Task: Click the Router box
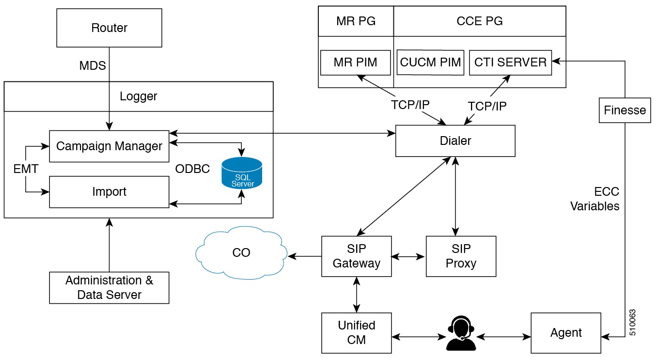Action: click(109, 28)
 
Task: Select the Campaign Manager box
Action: click(109, 146)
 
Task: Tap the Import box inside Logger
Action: click(109, 192)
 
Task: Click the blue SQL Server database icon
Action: click(241, 173)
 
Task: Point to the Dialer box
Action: click(455, 141)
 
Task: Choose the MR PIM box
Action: click(355, 63)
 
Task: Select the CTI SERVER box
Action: click(510, 63)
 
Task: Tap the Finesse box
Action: click(625, 110)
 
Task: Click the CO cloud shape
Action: click(241, 253)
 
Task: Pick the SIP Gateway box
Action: click(357, 256)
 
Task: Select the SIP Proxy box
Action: click(461, 256)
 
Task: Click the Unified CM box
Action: click(357, 332)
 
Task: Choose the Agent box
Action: click(566, 332)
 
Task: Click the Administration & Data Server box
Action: click(109, 288)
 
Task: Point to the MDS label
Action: click(93, 65)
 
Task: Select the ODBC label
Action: click(193, 169)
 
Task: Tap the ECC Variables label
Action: click(594, 199)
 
